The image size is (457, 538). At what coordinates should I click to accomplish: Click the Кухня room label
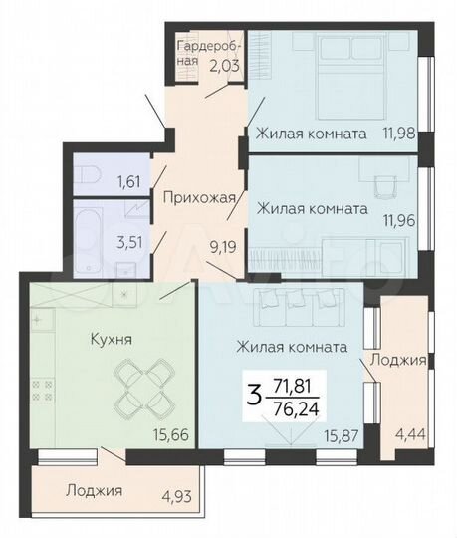[64, 339]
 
